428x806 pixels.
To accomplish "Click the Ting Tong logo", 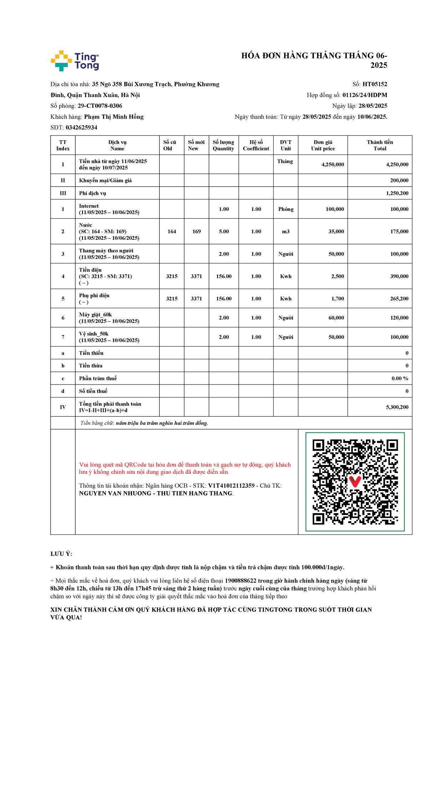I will point(75,61).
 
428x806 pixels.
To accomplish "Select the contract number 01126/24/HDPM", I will point(365,95).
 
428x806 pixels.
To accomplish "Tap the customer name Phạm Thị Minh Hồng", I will point(114,117).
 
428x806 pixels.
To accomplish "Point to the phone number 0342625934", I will point(81,127).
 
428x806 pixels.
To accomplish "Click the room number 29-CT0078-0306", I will point(100,106).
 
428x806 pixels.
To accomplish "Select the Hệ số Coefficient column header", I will point(256,145).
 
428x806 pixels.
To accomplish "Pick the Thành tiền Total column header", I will point(379,145).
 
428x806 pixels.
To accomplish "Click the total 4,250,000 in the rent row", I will point(397,164).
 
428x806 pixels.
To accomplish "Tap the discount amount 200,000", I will point(399,181).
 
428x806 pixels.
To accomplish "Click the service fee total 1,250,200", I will point(397,193).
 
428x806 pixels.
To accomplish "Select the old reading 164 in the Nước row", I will point(172,232).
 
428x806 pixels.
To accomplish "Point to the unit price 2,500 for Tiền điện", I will point(337,277).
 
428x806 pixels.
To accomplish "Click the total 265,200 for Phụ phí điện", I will point(399,299).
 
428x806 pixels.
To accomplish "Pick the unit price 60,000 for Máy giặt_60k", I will point(336,318).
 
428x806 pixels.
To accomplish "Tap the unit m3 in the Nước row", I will point(286,232).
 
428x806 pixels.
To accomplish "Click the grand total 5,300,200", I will point(397,407).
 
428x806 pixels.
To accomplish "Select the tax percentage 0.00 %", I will point(400,379).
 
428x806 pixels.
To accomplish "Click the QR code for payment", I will point(355,482).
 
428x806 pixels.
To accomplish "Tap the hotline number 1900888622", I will point(240,581).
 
